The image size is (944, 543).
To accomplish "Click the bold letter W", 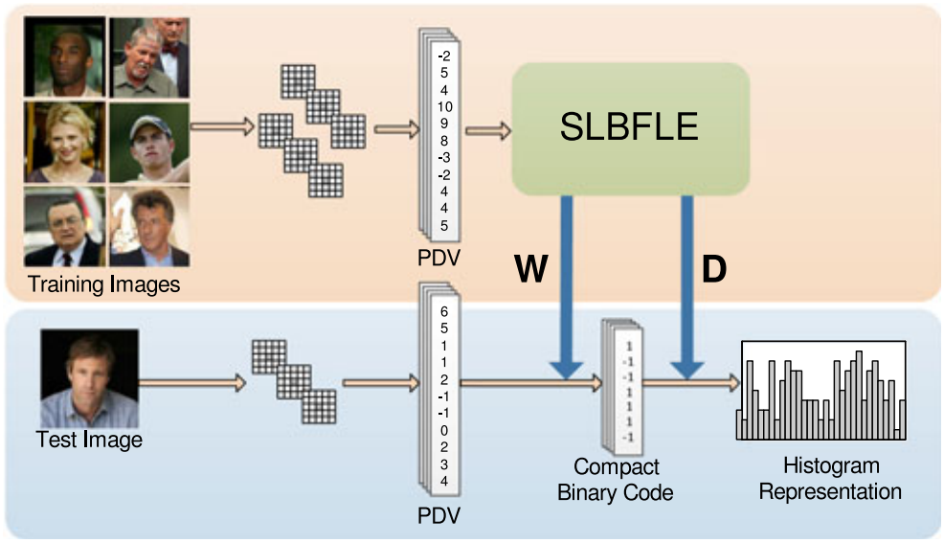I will [x=531, y=270].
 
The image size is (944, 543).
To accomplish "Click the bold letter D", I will [x=714, y=270].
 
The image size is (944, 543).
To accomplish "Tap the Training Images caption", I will [x=103, y=284].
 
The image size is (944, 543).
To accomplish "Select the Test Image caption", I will [x=89, y=441].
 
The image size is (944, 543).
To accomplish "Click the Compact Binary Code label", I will [x=616, y=480].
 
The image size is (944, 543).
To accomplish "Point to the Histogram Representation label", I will [x=830, y=478].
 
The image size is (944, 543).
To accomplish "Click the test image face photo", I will [x=89, y=378].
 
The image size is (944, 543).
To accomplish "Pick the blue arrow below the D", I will [x=686, y=287].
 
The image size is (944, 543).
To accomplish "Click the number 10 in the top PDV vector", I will [x=444, y=104].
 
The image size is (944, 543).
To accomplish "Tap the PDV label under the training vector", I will [x=438, y=260].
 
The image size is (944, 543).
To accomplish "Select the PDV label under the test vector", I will [x=438, y=516].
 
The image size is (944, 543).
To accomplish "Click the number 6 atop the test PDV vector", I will [x=444, y=311].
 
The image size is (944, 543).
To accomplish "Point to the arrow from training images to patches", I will [x=223, y=124].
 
